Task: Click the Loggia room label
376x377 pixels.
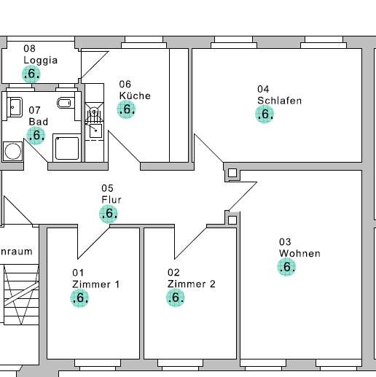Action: (40, 60)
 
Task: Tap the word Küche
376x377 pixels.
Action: (135, 96)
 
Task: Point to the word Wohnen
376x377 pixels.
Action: (299, 254)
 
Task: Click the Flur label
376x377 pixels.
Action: (111, 199)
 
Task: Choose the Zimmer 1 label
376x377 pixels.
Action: (95, 284)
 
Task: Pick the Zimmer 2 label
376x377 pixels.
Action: (191, 284)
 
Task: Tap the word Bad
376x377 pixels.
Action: (38, 121)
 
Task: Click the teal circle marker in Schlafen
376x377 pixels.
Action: (265, 114)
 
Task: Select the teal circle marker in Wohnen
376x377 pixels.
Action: (287, 267)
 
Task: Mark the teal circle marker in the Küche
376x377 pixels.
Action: (126, 109)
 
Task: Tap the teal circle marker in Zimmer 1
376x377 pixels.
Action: (80, 298)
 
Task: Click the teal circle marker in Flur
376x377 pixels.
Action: (109, 213)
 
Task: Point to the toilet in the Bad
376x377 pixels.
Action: (64, 104)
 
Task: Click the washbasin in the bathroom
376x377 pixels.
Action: (15, 107)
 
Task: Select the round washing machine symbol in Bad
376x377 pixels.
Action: (12, 151)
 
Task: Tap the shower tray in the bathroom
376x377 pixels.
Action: (67, 147)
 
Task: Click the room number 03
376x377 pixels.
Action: (285, 241)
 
